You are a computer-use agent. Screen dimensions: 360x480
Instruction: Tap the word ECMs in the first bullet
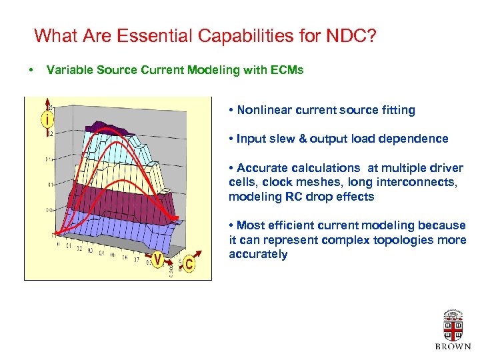point(287,70)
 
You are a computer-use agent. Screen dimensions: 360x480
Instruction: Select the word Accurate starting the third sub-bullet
point(262,168)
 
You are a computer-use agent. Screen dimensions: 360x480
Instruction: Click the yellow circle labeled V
point(158,259)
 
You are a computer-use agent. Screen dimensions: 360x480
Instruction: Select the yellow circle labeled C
point(189,265)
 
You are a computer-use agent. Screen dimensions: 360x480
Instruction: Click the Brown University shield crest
point(453,327)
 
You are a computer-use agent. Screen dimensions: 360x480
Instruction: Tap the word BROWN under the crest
point(453,347)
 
